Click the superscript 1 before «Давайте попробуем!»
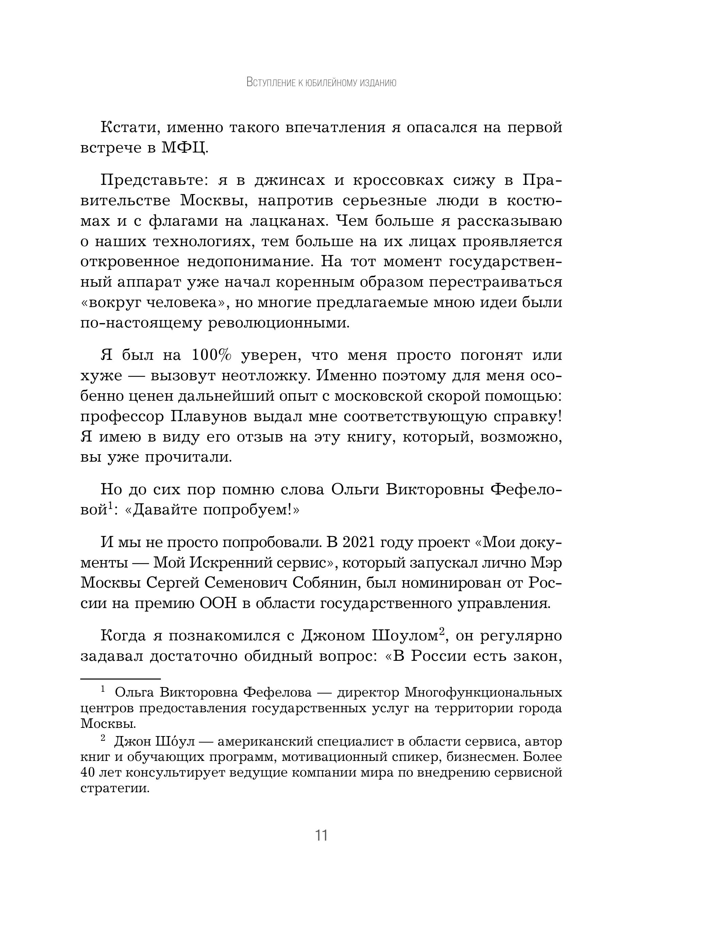coord(111,507)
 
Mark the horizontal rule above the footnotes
coord(120,679)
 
